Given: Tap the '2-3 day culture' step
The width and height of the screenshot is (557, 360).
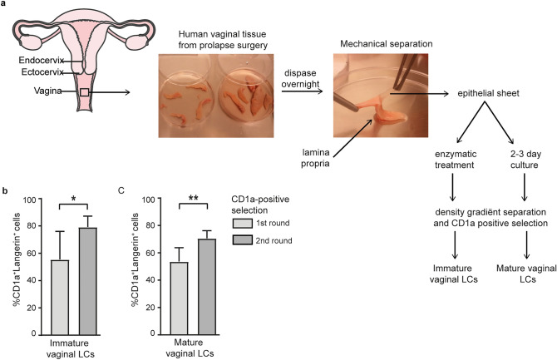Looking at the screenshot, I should [x=522, y=180].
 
